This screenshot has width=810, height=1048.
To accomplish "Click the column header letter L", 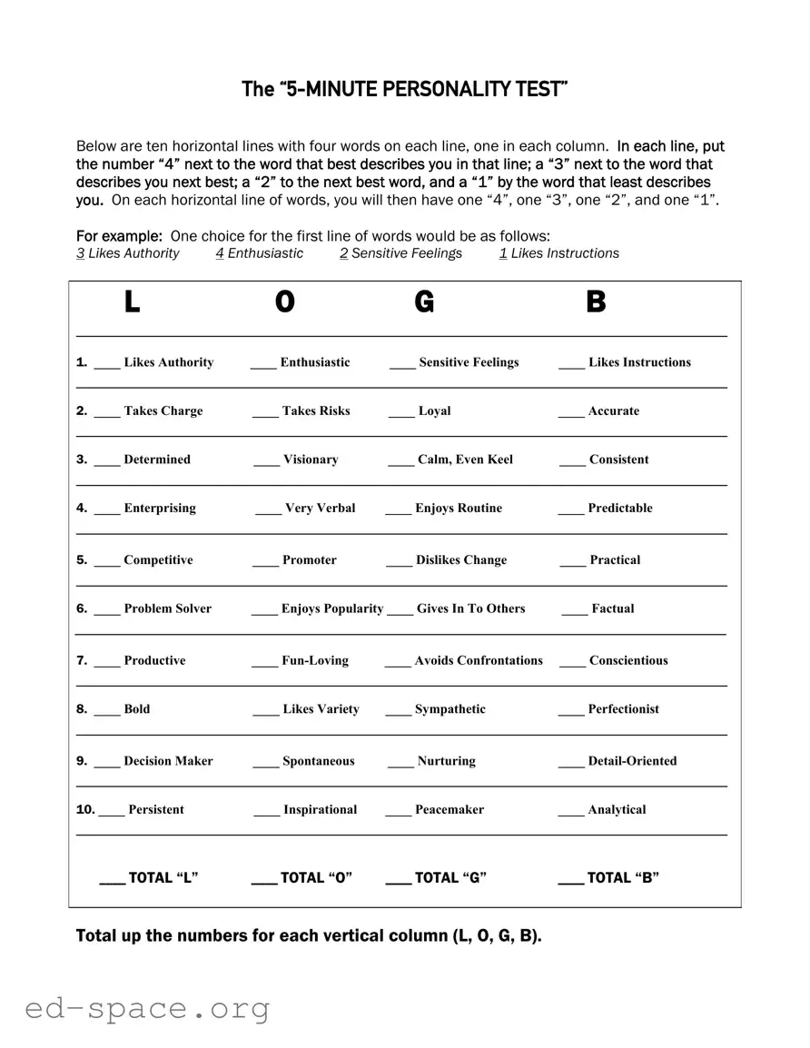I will [x=132, y=302].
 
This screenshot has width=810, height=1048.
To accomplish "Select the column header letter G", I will [x=424, y=302].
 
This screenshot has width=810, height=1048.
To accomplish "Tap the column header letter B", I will [x=596, y=302].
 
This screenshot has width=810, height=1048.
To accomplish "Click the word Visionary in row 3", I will [x=311, y=460].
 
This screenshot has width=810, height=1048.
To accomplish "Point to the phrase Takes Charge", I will [x=163, y=410].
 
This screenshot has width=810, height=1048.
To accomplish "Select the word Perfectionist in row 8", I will [x=623, y=709].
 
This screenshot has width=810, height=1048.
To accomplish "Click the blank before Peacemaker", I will [x=398, y=811].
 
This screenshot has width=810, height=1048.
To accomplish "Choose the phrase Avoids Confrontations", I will [x=479, y=660].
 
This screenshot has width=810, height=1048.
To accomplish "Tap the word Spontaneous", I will [x=318, y=761].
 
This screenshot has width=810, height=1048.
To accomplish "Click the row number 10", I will [x=84, y=809].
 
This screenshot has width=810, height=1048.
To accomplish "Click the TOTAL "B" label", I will [x=623, y=877].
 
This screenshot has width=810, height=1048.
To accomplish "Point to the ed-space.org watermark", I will [x=147, y=1008].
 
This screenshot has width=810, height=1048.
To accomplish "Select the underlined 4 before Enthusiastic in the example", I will [x=220, y=253].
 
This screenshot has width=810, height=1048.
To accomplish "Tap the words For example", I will [x=119, y=236].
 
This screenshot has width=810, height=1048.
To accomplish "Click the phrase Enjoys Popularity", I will [x=332, y=608].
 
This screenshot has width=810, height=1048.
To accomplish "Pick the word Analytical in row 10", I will [x=617, y=809].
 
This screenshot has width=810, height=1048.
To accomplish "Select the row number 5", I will [x=81, y=559].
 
